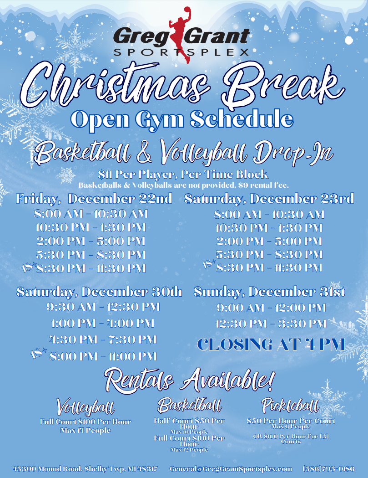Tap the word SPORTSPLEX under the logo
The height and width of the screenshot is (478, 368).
[181, 52]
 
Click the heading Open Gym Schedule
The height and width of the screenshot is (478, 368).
[181, 119]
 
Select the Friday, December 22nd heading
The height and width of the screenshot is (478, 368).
[94, 199]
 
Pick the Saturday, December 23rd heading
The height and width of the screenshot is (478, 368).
[269, 199]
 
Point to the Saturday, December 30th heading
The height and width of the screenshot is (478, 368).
[99, 291]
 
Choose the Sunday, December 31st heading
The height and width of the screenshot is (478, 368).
[269, 291]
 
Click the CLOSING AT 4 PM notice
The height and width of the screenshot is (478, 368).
[271, 344]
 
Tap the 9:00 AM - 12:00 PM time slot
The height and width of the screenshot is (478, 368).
[271, 308]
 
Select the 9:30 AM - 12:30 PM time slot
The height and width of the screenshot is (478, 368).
[103, 307]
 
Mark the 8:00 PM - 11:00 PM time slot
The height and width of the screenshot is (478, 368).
[103, 356]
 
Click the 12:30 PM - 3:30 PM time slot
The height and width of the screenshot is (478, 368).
[271, 324]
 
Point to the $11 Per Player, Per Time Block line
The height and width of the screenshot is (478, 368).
[183, 175]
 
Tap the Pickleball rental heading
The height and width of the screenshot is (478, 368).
[290, 405]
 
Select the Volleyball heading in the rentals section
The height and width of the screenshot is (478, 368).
[86, 406]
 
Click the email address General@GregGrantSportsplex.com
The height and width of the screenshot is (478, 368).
[231, 468]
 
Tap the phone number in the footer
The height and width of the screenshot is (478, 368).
[328, 468]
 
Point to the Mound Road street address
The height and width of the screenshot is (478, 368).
[85, 468]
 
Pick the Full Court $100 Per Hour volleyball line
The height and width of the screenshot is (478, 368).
[86, 422]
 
